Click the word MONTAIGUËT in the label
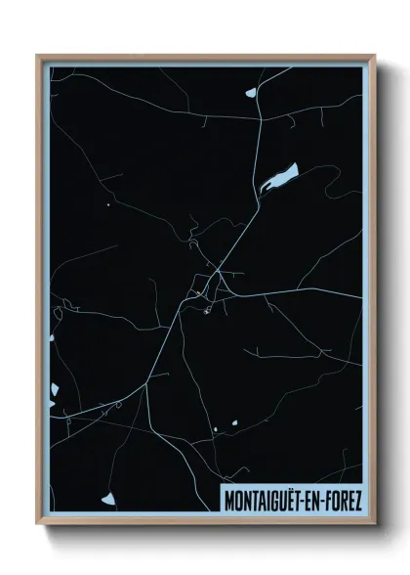tap(266, 499)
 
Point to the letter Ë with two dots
tap(294, 499)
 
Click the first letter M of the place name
tap(229, 499)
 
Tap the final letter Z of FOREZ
tap(357, 499)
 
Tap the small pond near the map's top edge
tap(250, 93)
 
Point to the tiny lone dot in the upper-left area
tap(107, 204)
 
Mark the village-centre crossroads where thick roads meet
tap(222, 274)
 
